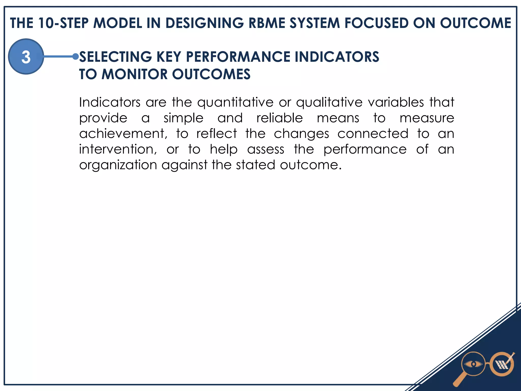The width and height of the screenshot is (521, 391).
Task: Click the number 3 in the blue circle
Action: pyautogui.click(x=26, y=57)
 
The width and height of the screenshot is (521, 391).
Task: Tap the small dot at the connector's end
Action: pyautogui.click(x=75, y=57)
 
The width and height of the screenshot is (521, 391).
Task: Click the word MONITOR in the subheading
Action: pyautogui.click(x=135, y=74)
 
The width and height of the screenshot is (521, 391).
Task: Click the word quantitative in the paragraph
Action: pyautogui.click(x=235, y=103)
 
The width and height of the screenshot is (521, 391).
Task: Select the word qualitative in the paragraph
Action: pyautogui.click(x=329, y=103)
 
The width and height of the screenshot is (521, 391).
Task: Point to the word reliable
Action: pyautogui.click(x=280, y=118)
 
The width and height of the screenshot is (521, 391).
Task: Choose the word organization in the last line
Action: pyautogui.click(x=118, y=165)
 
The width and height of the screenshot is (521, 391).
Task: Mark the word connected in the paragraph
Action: pyautogui.click(x=373, y=134)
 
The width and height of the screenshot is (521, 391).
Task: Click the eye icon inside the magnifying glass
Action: pyautogui.click(x=473, y=364)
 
